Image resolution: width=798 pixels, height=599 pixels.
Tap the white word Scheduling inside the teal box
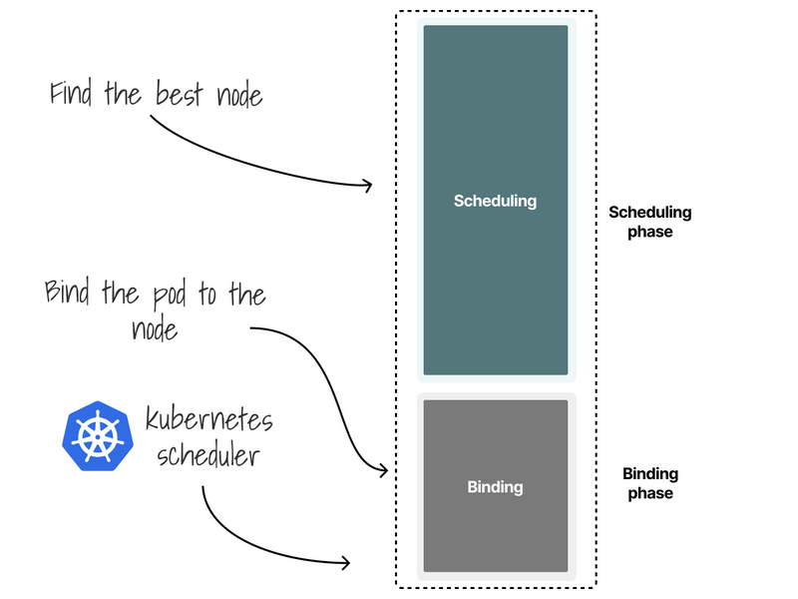pyautogui.click(x=495, y=201)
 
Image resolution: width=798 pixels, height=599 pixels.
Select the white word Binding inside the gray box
pyautogui.click(x=495, y=487)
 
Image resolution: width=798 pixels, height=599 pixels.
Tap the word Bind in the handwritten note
pyautogui.click(x=69, y=294)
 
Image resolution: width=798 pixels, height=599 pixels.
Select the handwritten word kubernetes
pyautogui.click(x=208, y=419)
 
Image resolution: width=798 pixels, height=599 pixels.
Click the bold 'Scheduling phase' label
pyautogui.click(x=649, y=222)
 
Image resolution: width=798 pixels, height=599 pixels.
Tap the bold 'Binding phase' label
pyautogui.click(x=649, y=483)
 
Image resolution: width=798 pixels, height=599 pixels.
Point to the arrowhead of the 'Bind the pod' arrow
pyautogui.click(x=383, y=470)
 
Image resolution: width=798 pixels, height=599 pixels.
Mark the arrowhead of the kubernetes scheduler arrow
pyautogui.click(x=347, y=563)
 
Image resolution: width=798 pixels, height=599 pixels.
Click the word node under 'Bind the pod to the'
pyautogui.click(x=155, y=328)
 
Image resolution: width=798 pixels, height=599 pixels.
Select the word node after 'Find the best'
pyautogui.click(x=239, y=96)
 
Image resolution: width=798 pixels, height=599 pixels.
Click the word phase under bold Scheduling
pyautogui.click(x=649, y=232)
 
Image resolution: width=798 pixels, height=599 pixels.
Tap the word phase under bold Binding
pyautogui.click(x=649, y=493)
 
